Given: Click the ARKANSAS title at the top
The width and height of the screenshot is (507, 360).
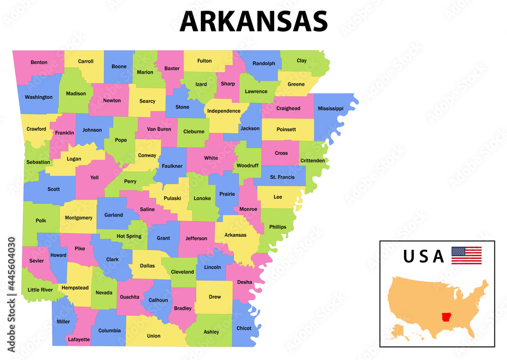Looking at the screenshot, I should point(253,21).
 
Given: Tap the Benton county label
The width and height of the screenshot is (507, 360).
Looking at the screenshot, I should point(39,62).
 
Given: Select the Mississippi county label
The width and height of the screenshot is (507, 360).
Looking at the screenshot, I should point(331,109).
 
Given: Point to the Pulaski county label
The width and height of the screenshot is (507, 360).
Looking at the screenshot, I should point(172,198).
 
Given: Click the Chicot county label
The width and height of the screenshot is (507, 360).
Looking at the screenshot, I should point(244,328).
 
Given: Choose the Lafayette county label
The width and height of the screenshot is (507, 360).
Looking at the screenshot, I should point(79,339).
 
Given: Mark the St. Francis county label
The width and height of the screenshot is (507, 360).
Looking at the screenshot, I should point(282,177).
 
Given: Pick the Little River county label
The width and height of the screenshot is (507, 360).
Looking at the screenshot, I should point(40,290).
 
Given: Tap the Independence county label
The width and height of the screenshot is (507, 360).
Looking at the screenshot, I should point(224,111).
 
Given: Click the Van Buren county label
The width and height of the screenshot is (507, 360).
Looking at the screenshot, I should point(159,129).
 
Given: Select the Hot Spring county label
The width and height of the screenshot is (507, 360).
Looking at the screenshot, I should point(129,236).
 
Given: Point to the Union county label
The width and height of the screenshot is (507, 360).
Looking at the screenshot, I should point(154,336).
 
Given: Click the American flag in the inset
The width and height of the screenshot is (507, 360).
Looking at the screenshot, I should point(466,255).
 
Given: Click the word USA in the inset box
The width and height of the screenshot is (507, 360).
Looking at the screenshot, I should point(423,256).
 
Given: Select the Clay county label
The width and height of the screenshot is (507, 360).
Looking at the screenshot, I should point(302,60).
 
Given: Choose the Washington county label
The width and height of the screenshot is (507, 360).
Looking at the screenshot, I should point(39,97).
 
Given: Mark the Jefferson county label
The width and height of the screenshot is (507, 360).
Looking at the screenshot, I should point(196,238).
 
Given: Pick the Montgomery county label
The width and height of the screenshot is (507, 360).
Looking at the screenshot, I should point(79,218).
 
